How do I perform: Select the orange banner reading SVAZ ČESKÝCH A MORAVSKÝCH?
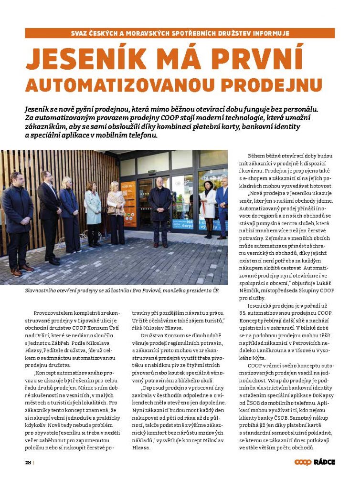pyautogui.click(x=180, y=33)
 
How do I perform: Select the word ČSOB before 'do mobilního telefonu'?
pyautogui.click(x=251, y=403)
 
